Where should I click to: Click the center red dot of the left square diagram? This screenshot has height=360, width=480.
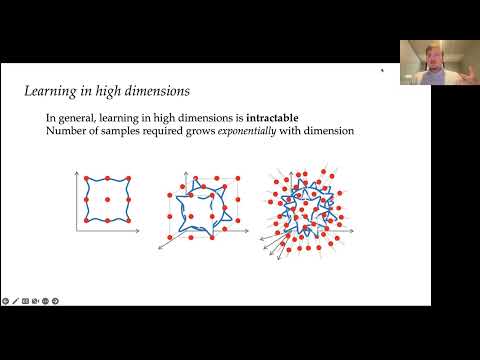[106, 200]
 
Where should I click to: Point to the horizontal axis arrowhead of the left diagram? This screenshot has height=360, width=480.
[138, 231]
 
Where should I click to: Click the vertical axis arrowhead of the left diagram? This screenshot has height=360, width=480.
[76, 171]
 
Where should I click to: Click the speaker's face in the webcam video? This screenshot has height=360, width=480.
[419, 58]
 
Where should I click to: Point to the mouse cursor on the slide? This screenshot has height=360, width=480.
[381, 71]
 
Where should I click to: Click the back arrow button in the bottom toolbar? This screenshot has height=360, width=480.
[6, 300]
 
